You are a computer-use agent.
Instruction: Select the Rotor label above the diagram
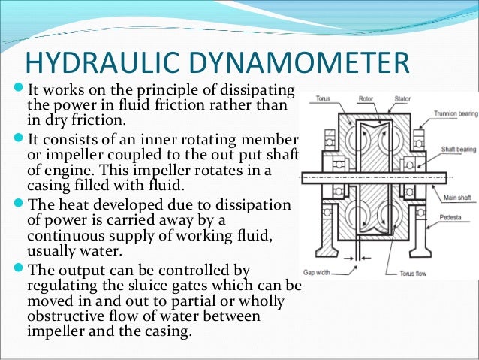click(x=367, y=98)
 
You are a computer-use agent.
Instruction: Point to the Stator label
click(x=402, y=98)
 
